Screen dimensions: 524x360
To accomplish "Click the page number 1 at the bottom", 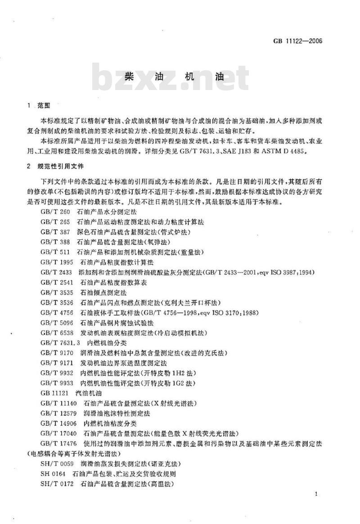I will tap(317, 494).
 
